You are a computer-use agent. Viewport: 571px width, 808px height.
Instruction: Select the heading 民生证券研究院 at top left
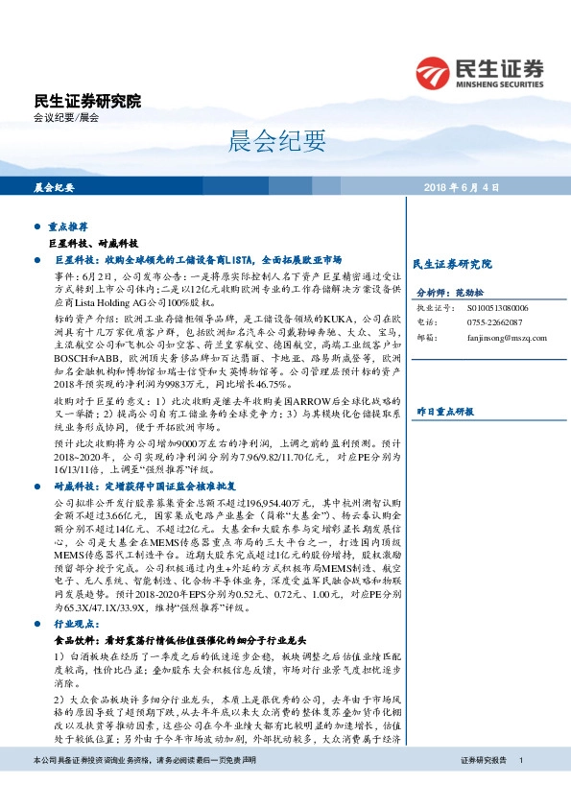(x=86, y=101)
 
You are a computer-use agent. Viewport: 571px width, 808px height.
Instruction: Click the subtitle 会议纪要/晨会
(x=65, y=118)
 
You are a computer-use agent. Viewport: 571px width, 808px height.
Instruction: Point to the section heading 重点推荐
(x=68, y=228)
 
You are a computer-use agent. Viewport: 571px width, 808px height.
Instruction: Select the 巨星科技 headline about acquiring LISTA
(x=198, y=260)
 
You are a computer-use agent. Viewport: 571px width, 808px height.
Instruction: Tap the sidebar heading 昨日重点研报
(x=444, y=384)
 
